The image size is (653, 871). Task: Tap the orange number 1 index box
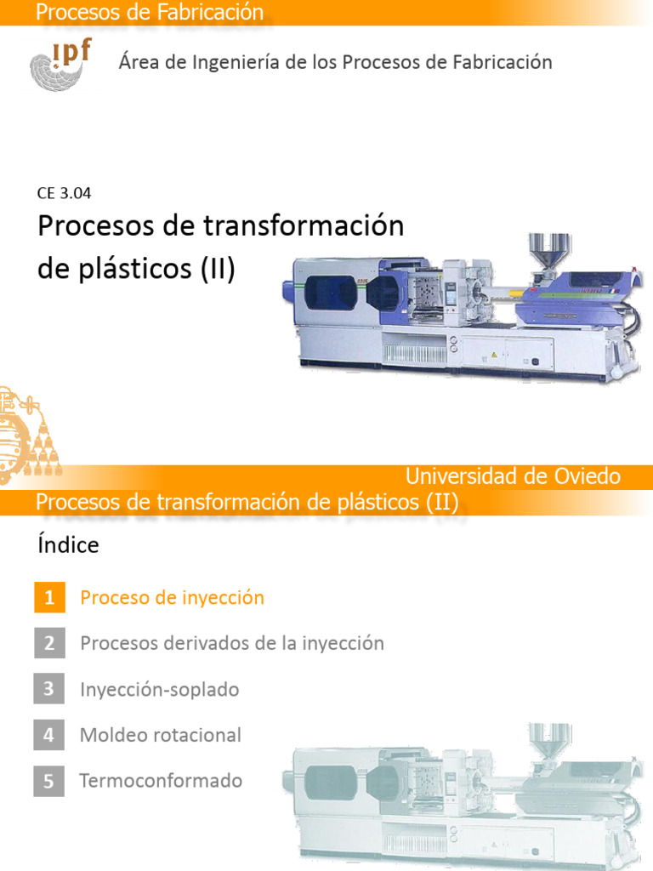pyautogui.click(x=49, y=598)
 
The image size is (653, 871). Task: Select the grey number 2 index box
pyautogui.click(x=49, y=643)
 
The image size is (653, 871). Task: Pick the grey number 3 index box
pyautogui.click(x=49, y=689)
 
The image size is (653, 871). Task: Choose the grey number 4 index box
pyautogui.click(x=49, y=735)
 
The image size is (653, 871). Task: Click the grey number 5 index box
pyautogui.click(x=49, y=781)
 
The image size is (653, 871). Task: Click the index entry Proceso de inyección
pyautogui.click(x=172, y=598)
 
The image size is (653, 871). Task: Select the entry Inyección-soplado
pyautogui.click(x=159, y=689)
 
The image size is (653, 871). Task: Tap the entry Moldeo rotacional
pyautogui.click(x=160, y=735)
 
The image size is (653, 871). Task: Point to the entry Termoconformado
pyautogui.click(x=161, y=781)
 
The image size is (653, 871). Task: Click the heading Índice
pyautogui.click(x=68, y=545)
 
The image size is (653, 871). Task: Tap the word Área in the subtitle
pyautogui.click(x=138, y=62)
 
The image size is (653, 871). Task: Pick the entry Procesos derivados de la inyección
pyautogui.click(x=231, y=643)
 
